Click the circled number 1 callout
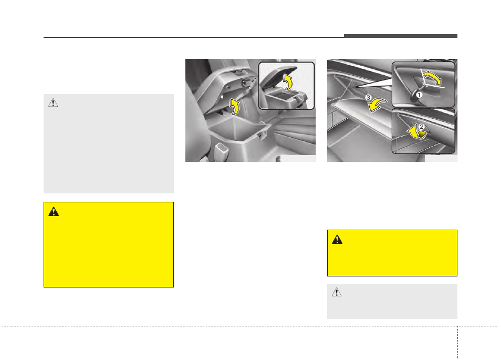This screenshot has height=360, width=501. click(419, 95)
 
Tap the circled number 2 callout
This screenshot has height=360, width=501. click(422, 127)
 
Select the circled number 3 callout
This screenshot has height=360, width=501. click(369, 97)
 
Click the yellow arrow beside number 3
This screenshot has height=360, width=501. click(377, 105)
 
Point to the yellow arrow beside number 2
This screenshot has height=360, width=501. click(415, 132)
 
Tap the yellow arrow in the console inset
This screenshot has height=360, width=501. click(288, 81)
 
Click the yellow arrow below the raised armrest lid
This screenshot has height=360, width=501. click(235, 107)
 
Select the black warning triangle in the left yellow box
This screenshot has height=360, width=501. click(54, 212)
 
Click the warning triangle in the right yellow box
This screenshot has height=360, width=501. click(337, 240)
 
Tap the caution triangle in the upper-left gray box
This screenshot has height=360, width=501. click(53, 102)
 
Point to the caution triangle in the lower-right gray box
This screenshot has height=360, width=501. click(337, 292)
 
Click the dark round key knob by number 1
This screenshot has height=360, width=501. click(415, 96)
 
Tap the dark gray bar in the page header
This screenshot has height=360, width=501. click(401, 36)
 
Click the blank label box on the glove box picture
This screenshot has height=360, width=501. click(441, 158)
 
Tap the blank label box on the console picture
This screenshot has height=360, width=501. click(298, 159)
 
